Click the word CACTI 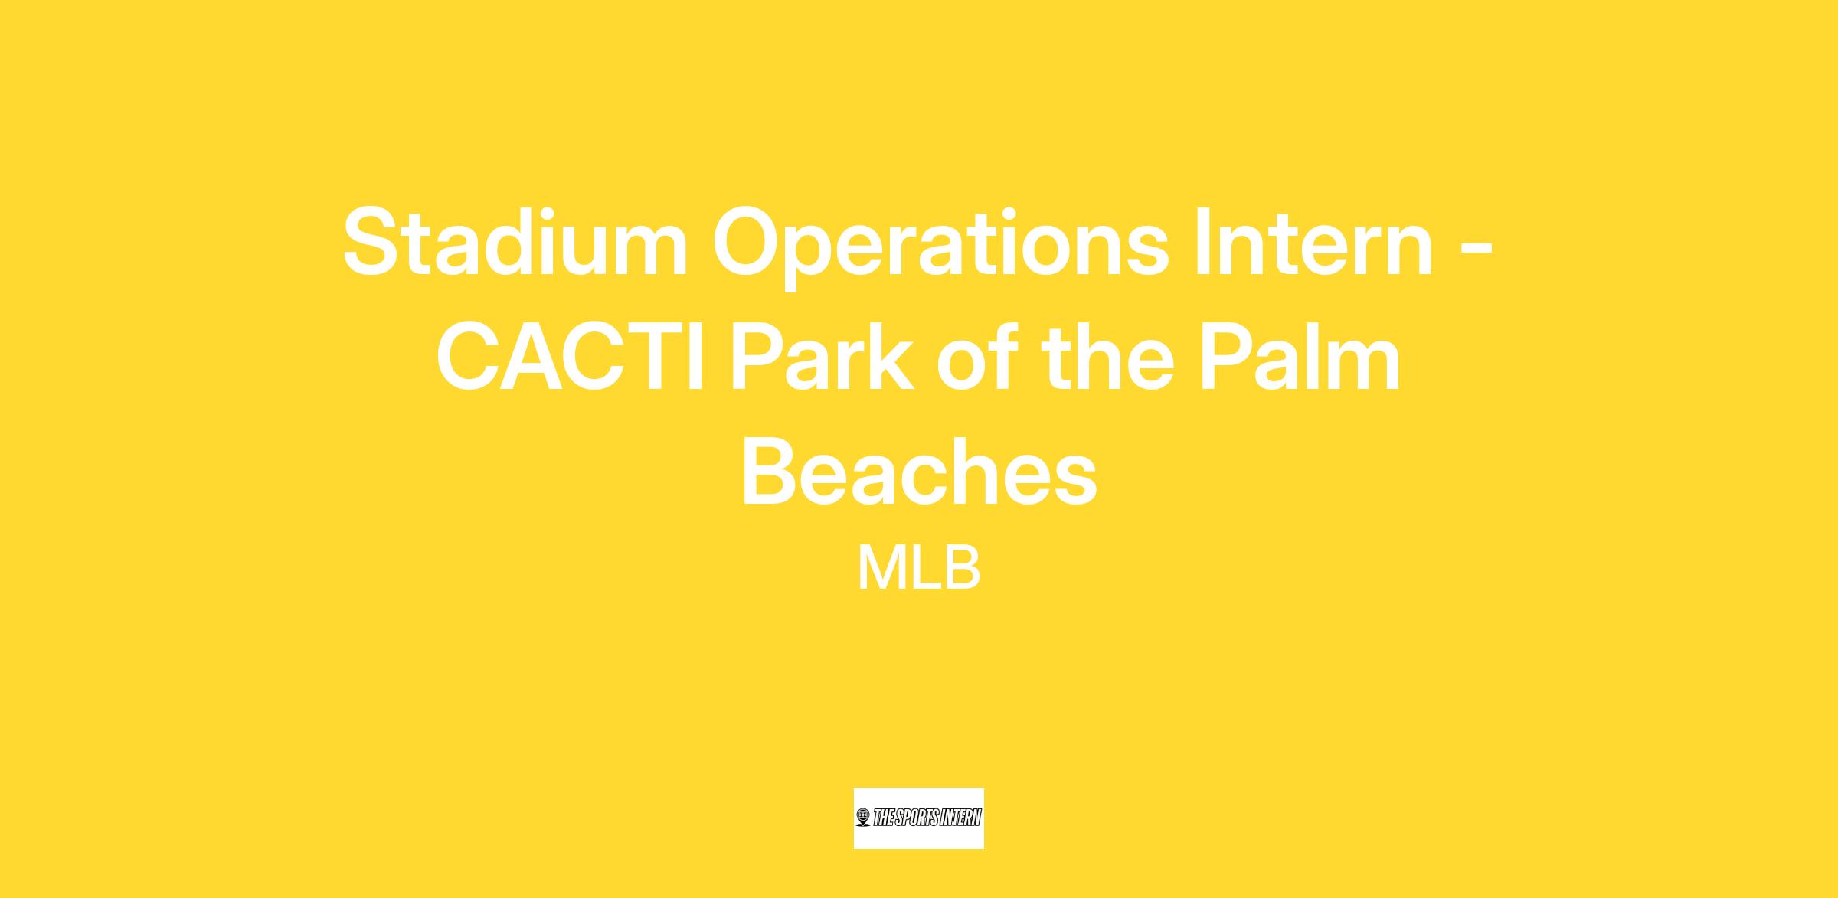tap(571, 356)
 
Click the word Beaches tap(919, 470)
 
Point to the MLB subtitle tap(919, 567)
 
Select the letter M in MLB tap(881, 567)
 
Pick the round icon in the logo tap(864, 818)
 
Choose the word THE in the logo tap(883, 818)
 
